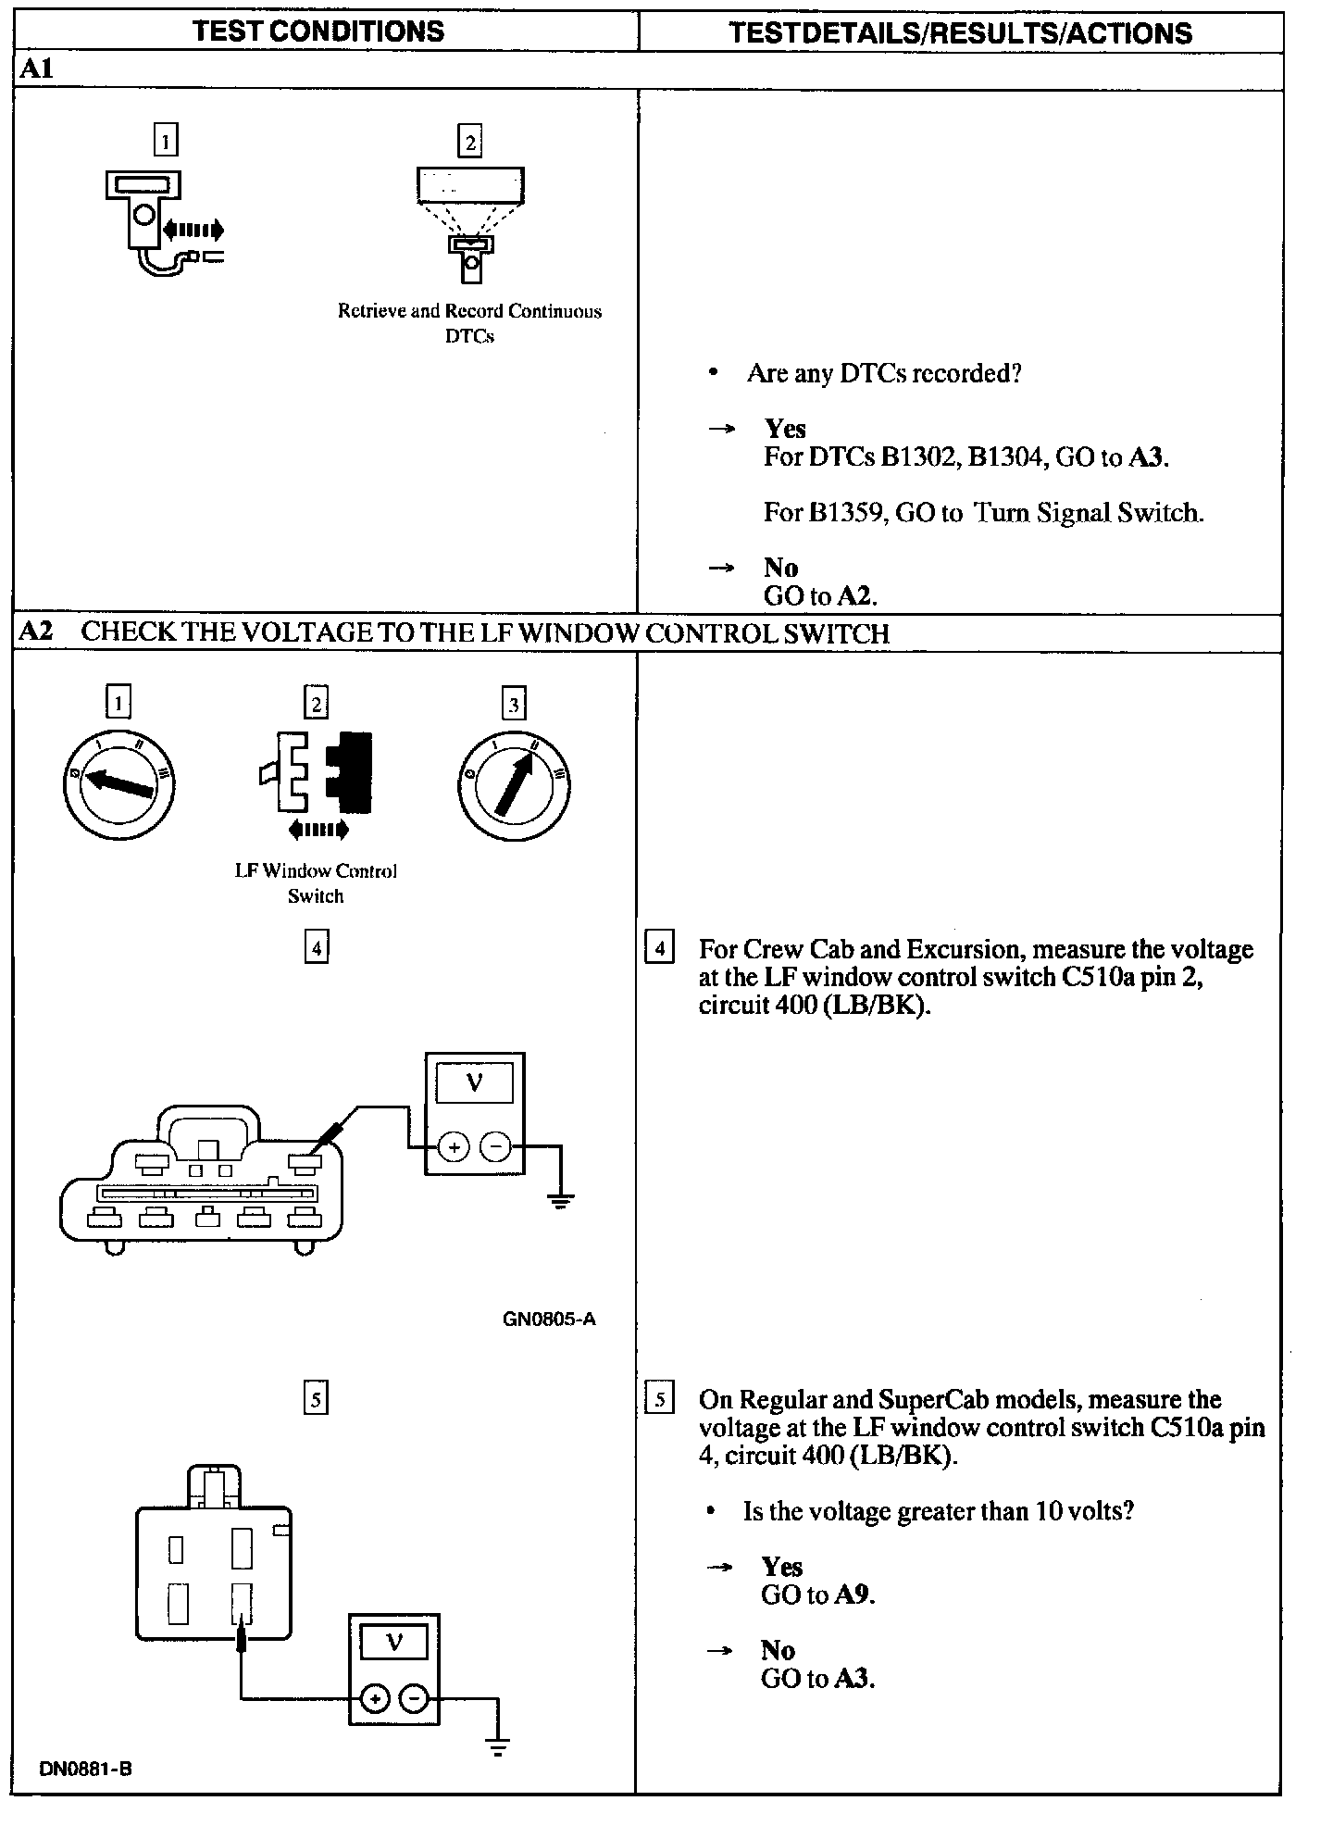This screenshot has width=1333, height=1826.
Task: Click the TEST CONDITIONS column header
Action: [x=318, y=31]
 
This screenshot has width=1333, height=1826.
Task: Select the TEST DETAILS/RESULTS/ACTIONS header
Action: [x=960, y=33]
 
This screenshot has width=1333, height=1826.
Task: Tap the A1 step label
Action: [x=36, y=69]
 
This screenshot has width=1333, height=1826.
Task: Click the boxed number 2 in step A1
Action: [x=470, y=142]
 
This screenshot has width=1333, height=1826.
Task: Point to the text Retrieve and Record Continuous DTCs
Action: [x=469, y=323]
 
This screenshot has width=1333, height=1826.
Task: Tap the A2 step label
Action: [x=36, y=632]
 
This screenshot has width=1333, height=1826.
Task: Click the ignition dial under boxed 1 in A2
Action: [x=119, y=787]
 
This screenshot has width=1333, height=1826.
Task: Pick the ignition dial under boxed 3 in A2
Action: [x=515, y=787]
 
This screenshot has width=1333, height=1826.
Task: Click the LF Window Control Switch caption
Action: [x=316, y=883]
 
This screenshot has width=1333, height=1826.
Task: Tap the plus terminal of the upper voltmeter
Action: [x=454, y=1148]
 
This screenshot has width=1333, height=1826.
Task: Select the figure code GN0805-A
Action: [x=549, y=1319]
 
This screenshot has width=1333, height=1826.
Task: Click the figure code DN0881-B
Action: [x=85, y=1769]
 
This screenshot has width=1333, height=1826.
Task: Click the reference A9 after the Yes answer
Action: [x=853, y=1595]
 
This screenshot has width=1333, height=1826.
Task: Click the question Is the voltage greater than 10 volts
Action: [x=938, y=1511]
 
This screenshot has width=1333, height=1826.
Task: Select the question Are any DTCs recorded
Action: [x=884, y=373]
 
